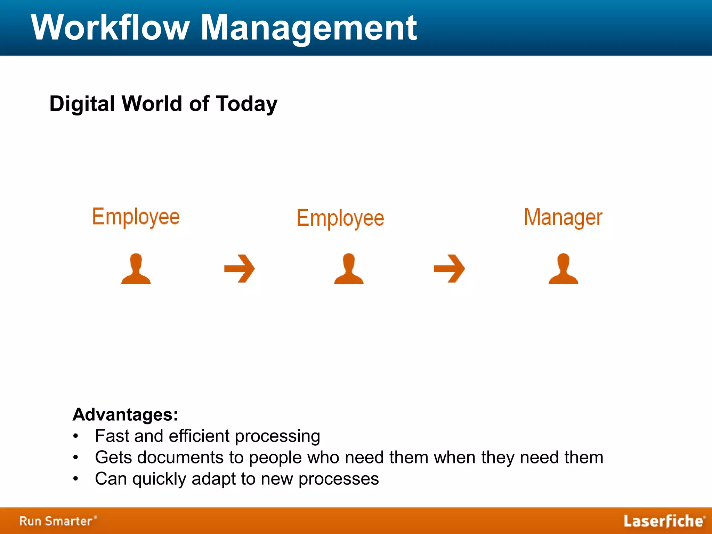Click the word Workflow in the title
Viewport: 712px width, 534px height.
[x=111, y=28]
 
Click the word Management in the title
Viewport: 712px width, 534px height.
[x=309, y=28]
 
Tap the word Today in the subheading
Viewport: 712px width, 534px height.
[x=246, y=104]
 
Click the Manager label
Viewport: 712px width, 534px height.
[x=563, y=218]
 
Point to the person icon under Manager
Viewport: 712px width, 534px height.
[x=563, y=269]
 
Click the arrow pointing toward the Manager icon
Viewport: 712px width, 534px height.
[x=449, y=268]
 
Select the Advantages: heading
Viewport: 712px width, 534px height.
[x=125, y=414]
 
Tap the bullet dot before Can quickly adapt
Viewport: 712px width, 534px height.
[x=76, y=479]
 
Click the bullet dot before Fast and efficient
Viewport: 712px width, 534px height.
[x=76, y=436]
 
